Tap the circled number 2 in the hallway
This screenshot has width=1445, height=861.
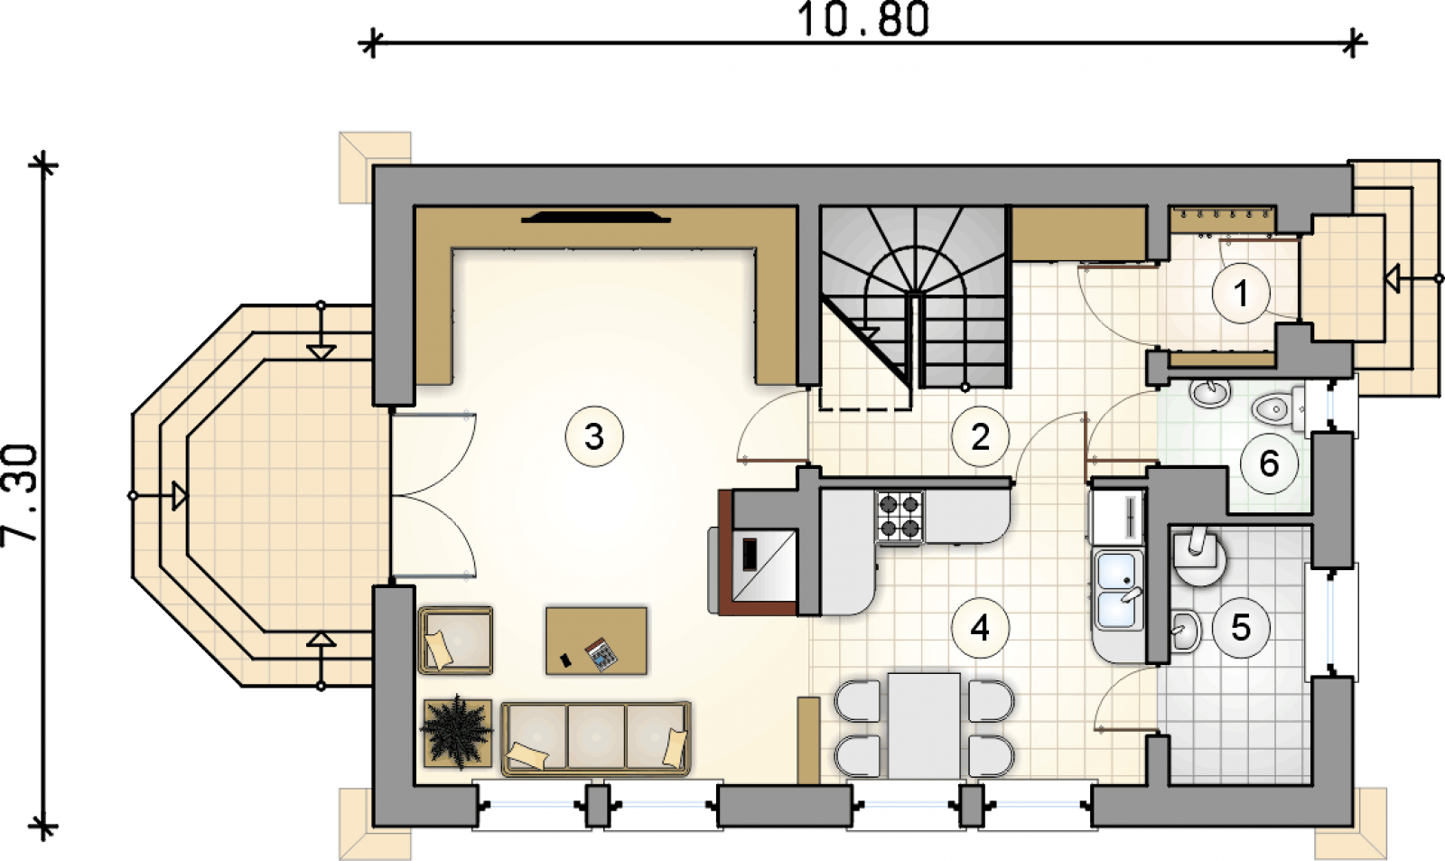[x=980, y=437]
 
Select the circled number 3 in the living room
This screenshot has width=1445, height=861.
[x=594, y=437]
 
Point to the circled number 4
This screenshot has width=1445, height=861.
[x=980, y=627]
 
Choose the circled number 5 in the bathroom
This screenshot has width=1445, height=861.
[x=1241, y=627]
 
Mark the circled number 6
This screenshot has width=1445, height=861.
[x=1269, y=463]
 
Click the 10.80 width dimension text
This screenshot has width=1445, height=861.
[x=863, y=19]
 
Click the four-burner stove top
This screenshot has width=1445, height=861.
[x=900, y=517]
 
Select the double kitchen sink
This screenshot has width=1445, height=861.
[x=1116, y=589]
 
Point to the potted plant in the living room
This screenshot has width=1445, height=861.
[x=457, y=733]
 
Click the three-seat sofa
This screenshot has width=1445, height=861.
[x=596, y=738]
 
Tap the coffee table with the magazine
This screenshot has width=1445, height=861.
[x=596, y=641]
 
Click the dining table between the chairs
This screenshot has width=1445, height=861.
[x=924, y=726]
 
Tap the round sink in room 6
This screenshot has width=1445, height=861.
[x=1209, y=393]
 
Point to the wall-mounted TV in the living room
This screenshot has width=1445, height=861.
[x=596, y=218]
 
